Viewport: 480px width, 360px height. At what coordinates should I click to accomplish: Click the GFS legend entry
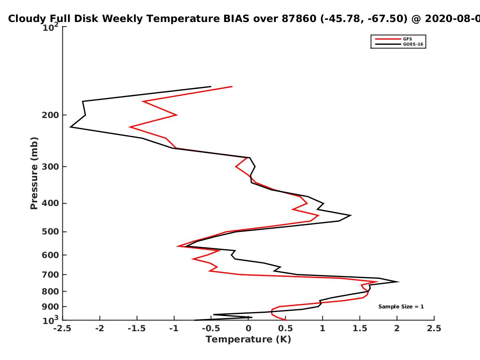[394, 39]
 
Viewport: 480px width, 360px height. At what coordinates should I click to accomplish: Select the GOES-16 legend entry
[399, 44]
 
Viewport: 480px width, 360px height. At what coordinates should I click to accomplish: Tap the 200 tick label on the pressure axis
[50, 115]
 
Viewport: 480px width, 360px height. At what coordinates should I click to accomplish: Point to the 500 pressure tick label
[50, 232]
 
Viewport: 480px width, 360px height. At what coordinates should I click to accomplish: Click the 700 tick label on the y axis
[50, 274]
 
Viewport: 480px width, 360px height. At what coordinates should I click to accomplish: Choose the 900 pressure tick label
[50, 307]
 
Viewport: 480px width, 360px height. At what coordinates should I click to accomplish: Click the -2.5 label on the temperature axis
[62, 328]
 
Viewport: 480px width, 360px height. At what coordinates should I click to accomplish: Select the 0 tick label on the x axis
[248, 328]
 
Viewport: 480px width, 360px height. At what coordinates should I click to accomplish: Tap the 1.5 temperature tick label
[360, 328]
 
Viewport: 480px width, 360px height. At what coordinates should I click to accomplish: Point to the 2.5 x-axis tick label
[434, 328]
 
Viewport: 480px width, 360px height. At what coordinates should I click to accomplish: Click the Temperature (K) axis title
[248, 340]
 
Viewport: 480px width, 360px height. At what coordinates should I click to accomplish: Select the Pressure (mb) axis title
[34, 173]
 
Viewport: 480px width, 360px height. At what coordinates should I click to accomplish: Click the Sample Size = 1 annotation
[401, 307]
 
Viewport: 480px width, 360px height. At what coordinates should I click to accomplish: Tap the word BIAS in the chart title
[236, 18]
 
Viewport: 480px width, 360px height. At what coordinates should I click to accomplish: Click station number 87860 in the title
[299, 18]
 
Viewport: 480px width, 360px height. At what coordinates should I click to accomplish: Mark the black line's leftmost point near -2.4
[70, 127]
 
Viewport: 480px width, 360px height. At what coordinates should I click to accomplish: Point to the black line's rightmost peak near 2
[398, 282]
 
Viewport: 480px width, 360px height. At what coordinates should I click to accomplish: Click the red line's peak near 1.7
[377, 282]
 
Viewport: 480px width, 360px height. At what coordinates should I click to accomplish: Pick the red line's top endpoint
[232, 86]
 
